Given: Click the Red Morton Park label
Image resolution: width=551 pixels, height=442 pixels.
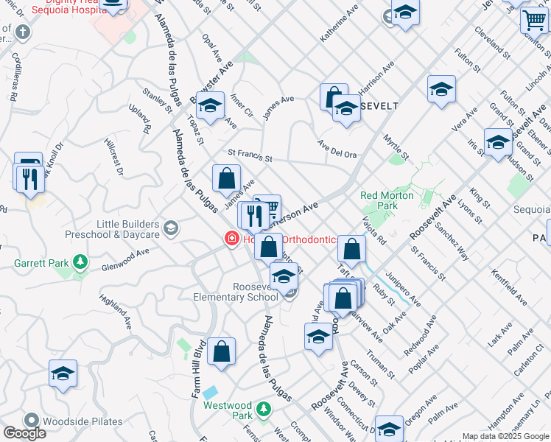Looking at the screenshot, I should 379,200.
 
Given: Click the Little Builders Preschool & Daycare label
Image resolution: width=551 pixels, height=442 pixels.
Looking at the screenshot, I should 127,229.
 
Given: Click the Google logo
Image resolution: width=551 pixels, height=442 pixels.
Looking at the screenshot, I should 24,433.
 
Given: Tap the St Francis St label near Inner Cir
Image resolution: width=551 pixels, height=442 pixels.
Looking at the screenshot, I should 250,157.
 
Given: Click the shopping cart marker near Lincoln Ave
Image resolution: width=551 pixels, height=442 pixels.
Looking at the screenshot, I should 534,20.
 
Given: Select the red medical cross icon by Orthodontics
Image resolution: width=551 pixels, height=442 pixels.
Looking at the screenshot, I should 231,239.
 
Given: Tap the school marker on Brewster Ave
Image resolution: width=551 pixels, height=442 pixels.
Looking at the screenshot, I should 210,106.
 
